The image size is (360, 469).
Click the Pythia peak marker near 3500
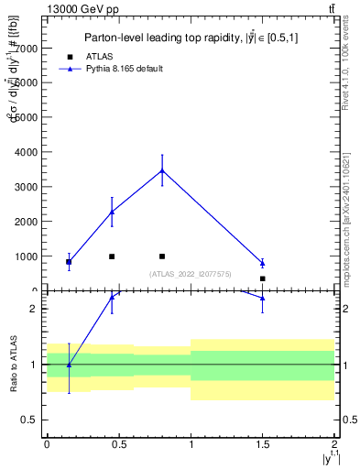click(162, 170)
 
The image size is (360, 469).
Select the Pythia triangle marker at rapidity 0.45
click(112, 212)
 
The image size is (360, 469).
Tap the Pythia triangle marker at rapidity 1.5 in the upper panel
click(262, 264)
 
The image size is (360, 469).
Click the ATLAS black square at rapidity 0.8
click(162, 256)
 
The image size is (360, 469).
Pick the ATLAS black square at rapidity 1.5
click(262, 278)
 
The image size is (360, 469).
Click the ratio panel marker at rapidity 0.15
click(69, 365)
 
